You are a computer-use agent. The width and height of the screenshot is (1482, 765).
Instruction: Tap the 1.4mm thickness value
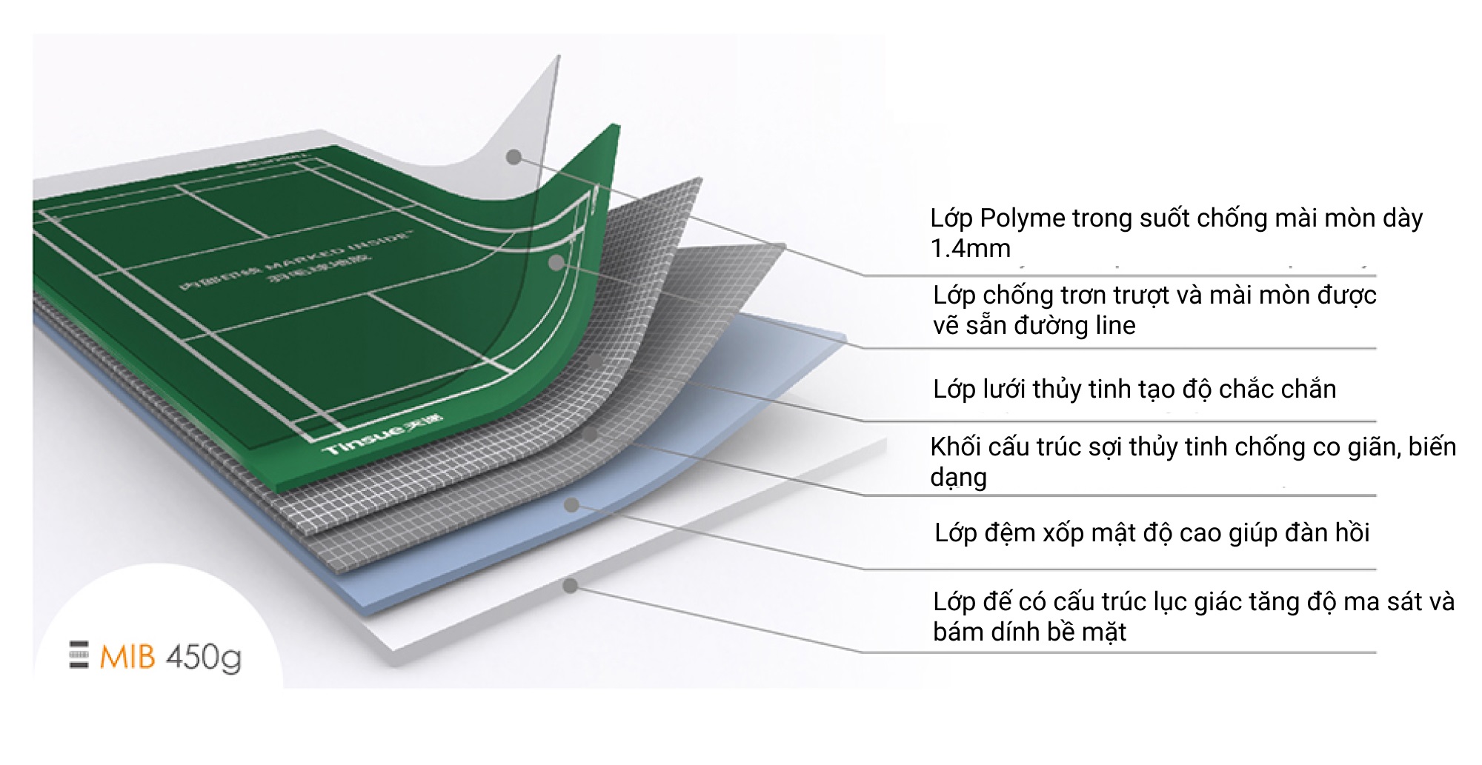click(970, 249)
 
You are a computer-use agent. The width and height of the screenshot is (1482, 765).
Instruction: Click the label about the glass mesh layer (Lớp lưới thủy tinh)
click(1134, 390)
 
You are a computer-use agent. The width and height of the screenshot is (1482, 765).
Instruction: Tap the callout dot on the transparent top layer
click(514, 156)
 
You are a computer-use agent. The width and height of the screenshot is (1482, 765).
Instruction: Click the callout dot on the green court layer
click(556, 262)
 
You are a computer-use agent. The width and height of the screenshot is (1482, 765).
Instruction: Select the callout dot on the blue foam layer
click(571, 505)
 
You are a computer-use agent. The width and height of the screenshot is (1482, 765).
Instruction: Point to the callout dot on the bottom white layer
click(570, 586)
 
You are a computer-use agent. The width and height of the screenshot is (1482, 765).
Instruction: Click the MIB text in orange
click(127, 658)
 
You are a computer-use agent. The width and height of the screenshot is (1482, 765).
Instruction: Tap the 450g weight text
click(204, 658)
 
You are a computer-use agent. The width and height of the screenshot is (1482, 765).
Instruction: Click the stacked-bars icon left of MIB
click(79, 655)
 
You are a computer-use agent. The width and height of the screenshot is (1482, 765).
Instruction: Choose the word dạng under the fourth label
click(957, 478)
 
